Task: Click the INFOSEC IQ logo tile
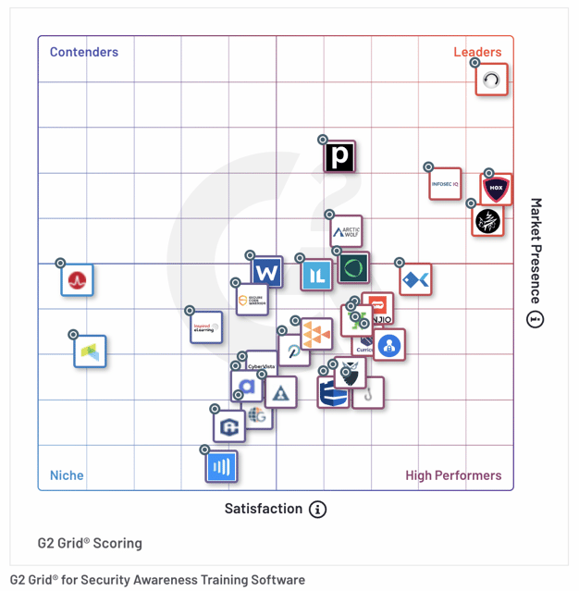445,184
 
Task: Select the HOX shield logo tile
497,189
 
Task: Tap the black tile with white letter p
339,157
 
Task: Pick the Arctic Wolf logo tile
347,231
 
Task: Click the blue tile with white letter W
266,273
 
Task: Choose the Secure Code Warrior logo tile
252,300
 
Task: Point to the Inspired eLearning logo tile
205,326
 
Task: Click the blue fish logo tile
415,278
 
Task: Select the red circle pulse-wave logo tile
77,279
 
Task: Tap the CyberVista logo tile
262,365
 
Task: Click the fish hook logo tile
368,393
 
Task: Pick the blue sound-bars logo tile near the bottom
221,466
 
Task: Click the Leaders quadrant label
477,52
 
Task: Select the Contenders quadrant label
84,52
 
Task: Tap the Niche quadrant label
67,475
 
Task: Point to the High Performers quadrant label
453,475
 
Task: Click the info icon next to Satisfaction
317,510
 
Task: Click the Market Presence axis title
536,251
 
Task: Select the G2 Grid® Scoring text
90,543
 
